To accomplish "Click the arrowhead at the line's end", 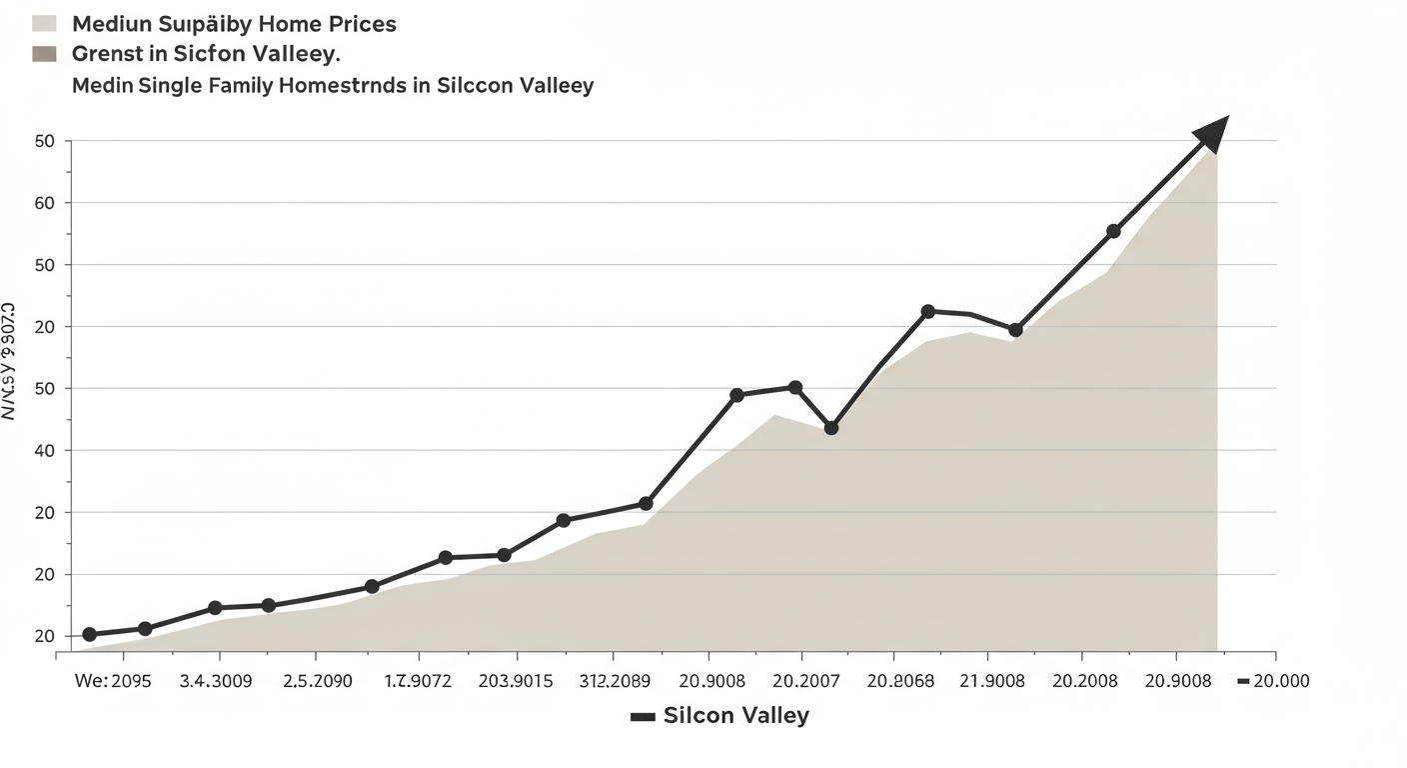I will pos(1211,133).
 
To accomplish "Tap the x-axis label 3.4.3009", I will pos(216,682).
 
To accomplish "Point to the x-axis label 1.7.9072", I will pos(418,682).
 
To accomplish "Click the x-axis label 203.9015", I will pos(517,682).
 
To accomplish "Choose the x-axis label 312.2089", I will pos(615,682).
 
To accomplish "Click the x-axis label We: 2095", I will pos(113,682).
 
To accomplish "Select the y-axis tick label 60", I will pos(43,203).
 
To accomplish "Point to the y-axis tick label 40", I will pos(43,451).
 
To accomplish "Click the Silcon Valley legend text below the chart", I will pos(735,716).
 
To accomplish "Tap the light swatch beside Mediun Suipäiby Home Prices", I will pos(44,24).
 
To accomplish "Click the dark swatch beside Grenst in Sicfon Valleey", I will pos(44,53).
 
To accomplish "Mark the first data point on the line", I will pos(89,634).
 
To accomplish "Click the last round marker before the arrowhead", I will pos(1113,231).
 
